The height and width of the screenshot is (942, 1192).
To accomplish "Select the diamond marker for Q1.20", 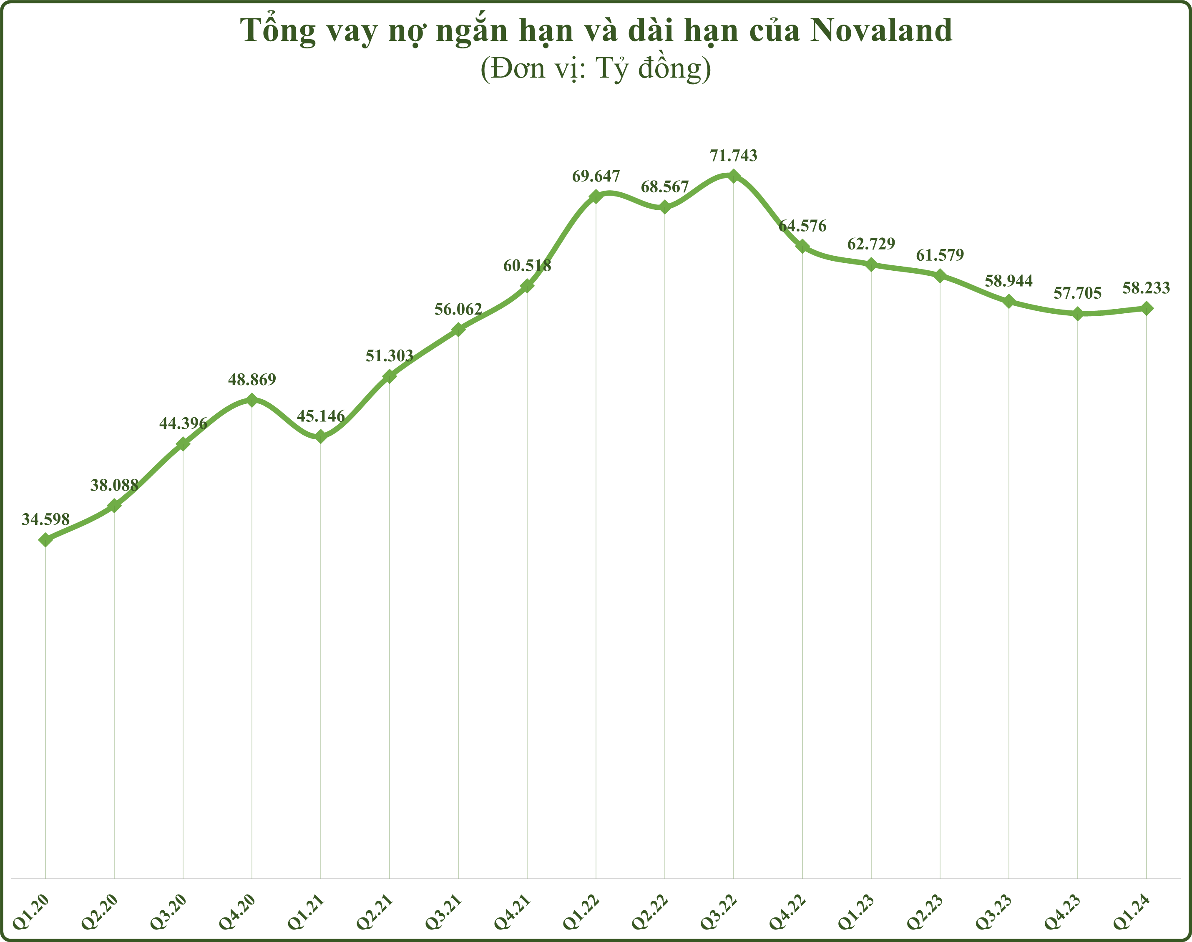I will click(46, 540).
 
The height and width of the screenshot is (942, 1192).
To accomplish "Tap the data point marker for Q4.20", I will click(252, 400).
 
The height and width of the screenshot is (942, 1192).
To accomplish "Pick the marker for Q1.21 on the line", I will click(321, 437).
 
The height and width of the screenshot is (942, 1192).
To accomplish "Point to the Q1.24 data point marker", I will click(1146, 308).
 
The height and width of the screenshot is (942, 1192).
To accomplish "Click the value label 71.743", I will click(733, 156).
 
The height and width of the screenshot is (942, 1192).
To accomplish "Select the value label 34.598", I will click(46, 519).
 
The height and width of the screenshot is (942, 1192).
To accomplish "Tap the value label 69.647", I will click(596, 176).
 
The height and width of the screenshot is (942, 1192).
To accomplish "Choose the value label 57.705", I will click(1077, 293).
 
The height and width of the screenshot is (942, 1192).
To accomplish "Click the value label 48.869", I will click(252, 380).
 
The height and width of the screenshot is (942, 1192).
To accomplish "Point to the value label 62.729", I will click(871, 244).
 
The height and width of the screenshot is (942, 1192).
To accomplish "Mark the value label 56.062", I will click(458, 310).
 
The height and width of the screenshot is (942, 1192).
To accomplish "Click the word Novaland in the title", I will click(881, 31).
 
